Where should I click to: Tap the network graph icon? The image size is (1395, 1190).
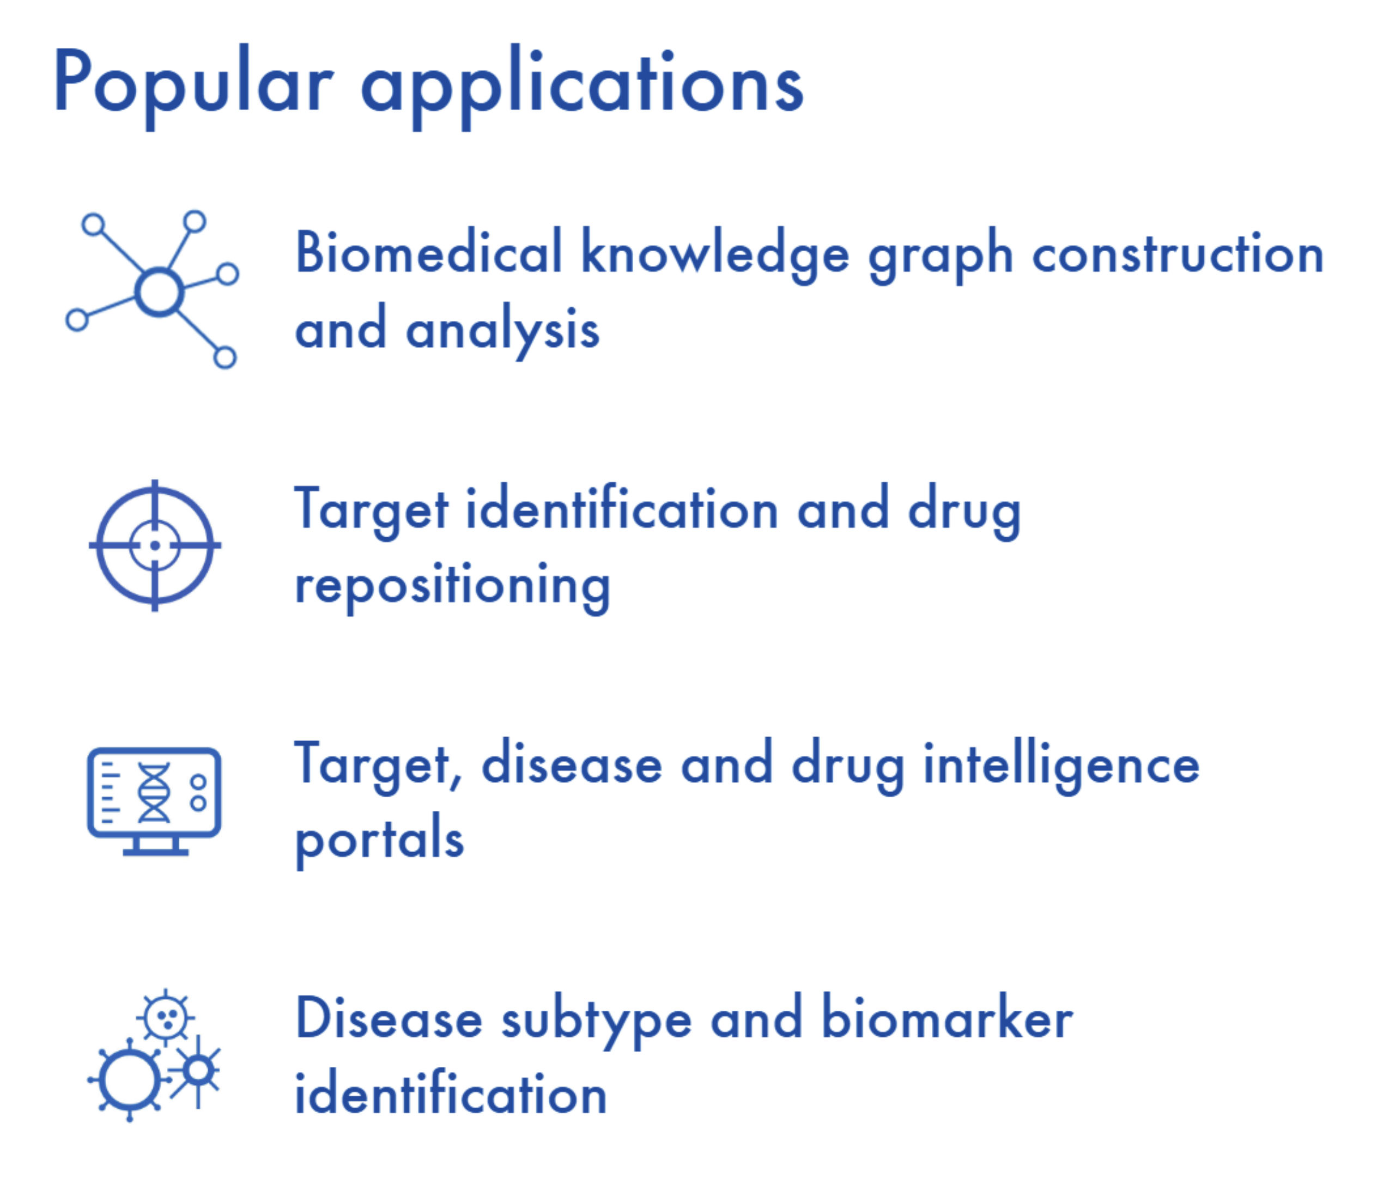click(x=153, y=289)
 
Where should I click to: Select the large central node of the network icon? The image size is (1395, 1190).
click(x=159, y=292)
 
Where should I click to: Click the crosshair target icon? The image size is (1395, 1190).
click(x=155, y=545)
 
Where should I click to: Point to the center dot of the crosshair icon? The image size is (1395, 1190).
click(x=155, y=545)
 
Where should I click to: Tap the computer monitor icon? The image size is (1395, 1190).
click(x=154, y=800)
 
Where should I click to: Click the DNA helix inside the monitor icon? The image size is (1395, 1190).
click(x=154, y=792)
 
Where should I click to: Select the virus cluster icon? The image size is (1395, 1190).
click(x=154, y=1056)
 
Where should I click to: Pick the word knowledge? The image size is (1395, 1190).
click(x=714, y=254)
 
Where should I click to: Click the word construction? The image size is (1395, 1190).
click(x=1178, y=254)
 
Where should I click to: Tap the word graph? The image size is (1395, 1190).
click(x=941, y=256)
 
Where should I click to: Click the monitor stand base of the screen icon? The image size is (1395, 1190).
click(x=155, y=852)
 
